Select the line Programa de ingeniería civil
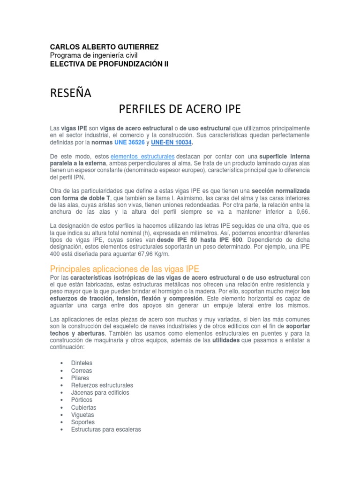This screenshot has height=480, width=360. coord(94,55)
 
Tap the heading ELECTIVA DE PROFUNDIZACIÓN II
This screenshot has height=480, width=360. coord(109,64)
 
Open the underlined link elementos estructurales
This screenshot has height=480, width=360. coord(143,156)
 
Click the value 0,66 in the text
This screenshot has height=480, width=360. coord(302,212)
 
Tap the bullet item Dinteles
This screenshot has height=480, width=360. coord(82,363)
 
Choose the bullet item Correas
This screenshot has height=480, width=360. coord(82,370)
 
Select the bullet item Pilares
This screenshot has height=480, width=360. coord(80,378)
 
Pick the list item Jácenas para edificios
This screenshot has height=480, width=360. coord(100,392)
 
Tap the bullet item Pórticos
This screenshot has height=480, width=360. coord(82,400)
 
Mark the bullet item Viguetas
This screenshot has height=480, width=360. coord(82,415)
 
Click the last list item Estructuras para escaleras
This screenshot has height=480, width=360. coord(106,429)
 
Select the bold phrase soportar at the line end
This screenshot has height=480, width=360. coord(298,326)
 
